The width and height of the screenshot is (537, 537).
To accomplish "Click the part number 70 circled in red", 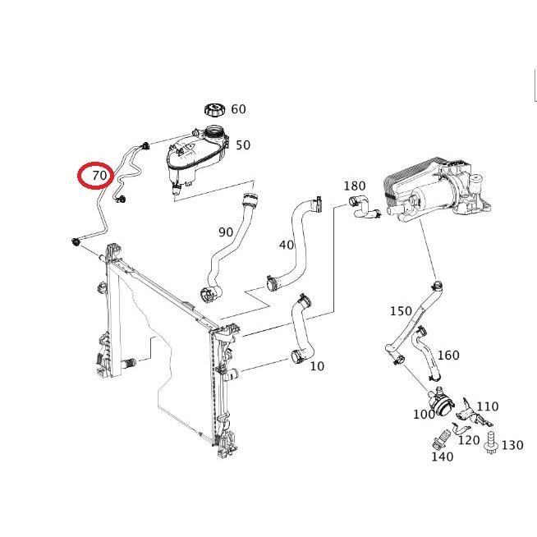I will (99, 175).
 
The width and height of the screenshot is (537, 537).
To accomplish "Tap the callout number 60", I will (238, 109).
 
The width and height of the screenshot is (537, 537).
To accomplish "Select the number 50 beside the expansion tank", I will (243, 145).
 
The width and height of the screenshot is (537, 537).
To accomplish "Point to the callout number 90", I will (226, 232).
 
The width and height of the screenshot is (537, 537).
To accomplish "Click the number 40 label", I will (287, 245).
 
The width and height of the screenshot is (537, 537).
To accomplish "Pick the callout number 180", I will (354, 186).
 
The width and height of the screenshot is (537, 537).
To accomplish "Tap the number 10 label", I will (317, 366).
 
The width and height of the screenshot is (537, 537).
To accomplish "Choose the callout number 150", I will (401, 311).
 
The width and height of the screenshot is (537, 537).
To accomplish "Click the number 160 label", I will (448, 356).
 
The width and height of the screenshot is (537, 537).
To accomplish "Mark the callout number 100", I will (424, 415).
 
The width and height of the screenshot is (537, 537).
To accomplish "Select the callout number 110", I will (487, 406).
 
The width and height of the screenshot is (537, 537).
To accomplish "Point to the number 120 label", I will (468, 440).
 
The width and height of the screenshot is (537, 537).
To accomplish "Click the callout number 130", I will (512, 445).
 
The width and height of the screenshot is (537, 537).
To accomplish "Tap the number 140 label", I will (442, 457).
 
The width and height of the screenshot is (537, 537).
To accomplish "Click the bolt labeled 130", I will (492, 441).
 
